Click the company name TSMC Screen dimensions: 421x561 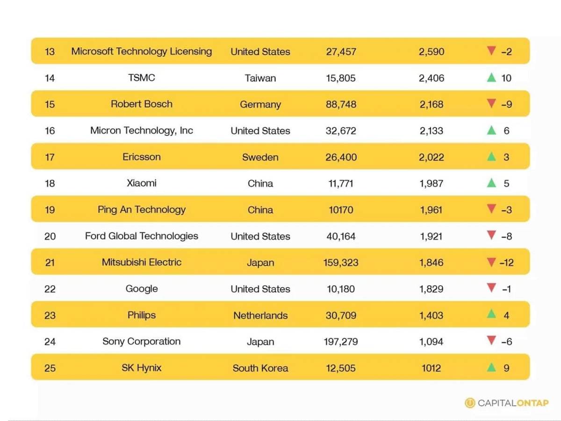(141, 78)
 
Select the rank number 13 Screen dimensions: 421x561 (50, 51)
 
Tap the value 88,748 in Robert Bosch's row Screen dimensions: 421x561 (341, 104)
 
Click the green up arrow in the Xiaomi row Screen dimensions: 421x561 (491, 182)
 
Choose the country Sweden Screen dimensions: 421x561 (260, 157)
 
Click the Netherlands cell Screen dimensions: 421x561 (260, 315)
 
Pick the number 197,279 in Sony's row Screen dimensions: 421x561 (341, 341)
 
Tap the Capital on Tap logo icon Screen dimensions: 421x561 (469, 403)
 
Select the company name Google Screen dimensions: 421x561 (141, 289)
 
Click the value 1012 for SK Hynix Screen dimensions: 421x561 (431, 368)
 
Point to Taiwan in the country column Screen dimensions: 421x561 (260, 78)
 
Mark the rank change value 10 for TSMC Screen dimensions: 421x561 (506, 78)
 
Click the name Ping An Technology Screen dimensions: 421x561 (141, 210)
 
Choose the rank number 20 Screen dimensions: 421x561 (50, 236)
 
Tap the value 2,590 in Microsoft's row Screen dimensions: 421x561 (431, 51)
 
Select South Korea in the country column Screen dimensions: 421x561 (260, 368)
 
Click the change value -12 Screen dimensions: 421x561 (506, 262)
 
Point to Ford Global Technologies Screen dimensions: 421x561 (141, 236)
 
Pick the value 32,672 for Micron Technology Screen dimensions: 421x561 (341, 131)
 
